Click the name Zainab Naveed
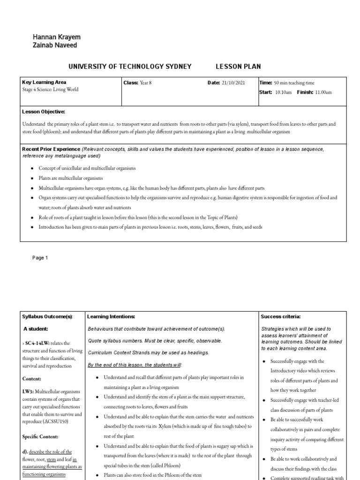coord(55,45)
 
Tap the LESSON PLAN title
coord(238,67)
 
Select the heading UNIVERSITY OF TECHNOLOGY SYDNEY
coord(130,67)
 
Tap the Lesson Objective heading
coord(44,112)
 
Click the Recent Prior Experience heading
coord(51,149)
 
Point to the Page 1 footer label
coord(40,258)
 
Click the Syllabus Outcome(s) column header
coord(48,317)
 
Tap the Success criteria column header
coord(281,317)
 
